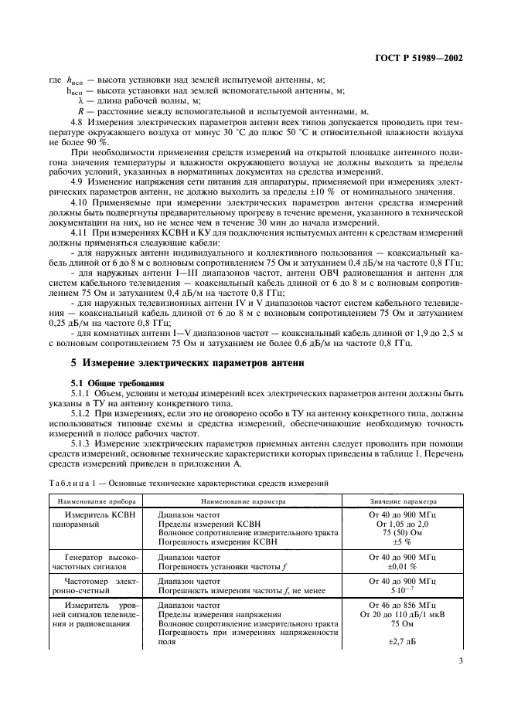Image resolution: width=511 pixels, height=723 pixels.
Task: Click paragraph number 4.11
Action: point(80,232)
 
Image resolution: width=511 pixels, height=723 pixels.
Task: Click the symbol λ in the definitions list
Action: point(71,101)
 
